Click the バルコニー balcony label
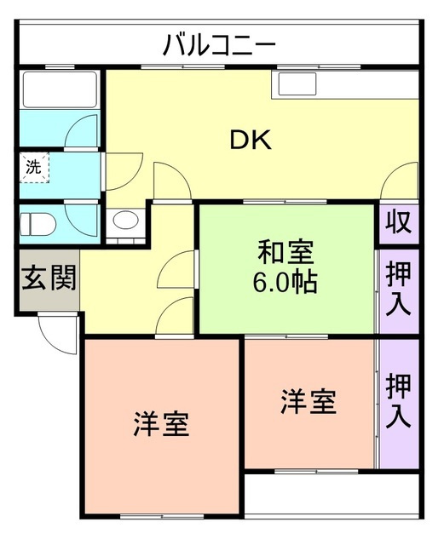click(219, 43)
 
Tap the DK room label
click(251, 141)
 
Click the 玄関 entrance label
click(49, 278)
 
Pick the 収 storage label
click(398, 222)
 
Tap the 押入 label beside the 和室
click(398, 290)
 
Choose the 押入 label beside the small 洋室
click(398, 400)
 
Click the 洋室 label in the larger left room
click(160, 423)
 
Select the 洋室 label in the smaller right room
click(308, 401)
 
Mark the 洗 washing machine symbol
click(34, 167)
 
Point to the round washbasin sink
click(124, 224)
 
